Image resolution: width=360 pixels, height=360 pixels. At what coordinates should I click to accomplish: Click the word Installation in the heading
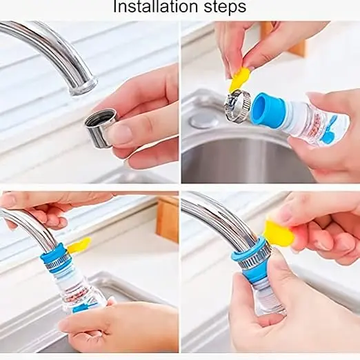(x=156, y=6)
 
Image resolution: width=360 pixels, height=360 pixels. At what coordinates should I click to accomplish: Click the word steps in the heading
(x=225, y=7)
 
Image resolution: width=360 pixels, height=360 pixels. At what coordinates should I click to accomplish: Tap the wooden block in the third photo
(x=167, y=220)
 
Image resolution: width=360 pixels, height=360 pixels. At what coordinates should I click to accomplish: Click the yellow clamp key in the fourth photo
(x=279, y=233)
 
